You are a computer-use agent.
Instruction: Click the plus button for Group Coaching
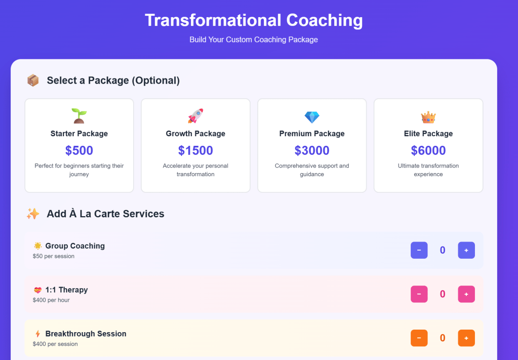pyautogui.click(x=466, y=250)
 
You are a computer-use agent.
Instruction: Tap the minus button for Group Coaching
pyautogui.click(x=419, y=250)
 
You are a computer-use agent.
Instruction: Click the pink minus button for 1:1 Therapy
pyautogui.click(x=419, y=294)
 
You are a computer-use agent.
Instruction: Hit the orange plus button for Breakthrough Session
pyautogui.click(x=466, y=338)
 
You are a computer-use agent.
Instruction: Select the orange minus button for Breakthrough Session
pyautogui.click(x=419, y=338)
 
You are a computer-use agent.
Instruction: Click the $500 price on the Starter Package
pyautogui.click(x=79, y=150)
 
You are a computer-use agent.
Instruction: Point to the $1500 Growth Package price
pyautogui.click(x=195, y=150)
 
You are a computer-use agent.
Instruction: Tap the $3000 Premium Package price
pyautogui.click(x=312, y=150)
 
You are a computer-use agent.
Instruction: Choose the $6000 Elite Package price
pyautogui.click(x=428, y=150)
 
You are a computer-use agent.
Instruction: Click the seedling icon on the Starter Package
pyautogui.click(x=79, y=116)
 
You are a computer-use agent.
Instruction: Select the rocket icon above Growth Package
pyautogui.click(x=195, y=116)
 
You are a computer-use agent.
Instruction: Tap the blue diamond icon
pyautogui.click(x=312, y=117)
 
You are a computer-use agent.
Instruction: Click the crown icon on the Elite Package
pyautogui.click(x=428, y=117)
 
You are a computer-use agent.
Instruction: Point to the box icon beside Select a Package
pyautogui.click(x=33, y=81)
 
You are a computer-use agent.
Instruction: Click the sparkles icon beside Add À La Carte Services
pyautogui.click(x=33, y=214)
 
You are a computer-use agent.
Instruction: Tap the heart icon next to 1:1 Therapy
pyautogui.click(x=37, y=290)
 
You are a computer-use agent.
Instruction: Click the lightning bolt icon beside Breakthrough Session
pyautogui.click(x=37, y=334)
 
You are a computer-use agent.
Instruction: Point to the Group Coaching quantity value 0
pyautogui.click(x=443, y=250)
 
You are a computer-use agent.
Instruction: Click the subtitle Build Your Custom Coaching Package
pyautogui.click(x=254, y=39)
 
